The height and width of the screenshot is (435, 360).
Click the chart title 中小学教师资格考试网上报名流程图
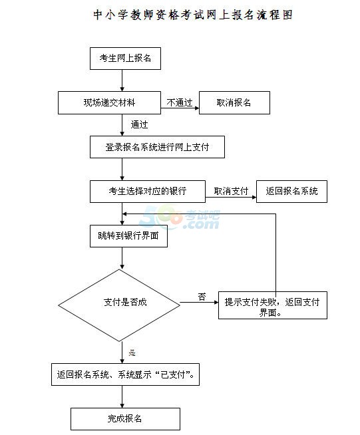[x=193, y=15]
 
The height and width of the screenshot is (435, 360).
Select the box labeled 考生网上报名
[x=125, y=59]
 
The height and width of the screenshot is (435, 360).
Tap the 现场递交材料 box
[x=109, y=102]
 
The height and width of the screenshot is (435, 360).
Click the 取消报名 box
[x=234, y=102]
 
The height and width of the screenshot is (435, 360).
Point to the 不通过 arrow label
[x=180, y=102]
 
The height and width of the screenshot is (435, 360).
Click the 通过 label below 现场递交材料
[x=139, y=124]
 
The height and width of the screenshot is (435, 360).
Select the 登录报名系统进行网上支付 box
[x=157, y=147]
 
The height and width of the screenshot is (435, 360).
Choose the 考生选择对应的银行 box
[x=148, y=192]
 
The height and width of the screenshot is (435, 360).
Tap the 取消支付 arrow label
[x=231, y=191]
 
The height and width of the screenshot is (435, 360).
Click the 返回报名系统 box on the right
[x=291, y=192]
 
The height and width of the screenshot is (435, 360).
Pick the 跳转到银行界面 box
[x=128, y=236]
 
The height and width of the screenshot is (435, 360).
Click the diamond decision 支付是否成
[x=119, y=305]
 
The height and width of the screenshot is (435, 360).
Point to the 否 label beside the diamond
[x=202, y=297]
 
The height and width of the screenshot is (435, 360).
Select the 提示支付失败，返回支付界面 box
[x=273, y=305]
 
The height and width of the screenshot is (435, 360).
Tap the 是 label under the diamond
[x=132, y=353]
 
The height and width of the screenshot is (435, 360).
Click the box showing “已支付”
[x=125, y=374]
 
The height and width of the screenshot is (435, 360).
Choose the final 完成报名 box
[x=125, y=419]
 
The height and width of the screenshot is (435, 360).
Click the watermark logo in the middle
[x=180, y=217]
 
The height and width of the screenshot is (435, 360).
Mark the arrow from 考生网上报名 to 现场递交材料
[x=122, y=80]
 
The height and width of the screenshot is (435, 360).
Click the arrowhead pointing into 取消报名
[x=197, y=108]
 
